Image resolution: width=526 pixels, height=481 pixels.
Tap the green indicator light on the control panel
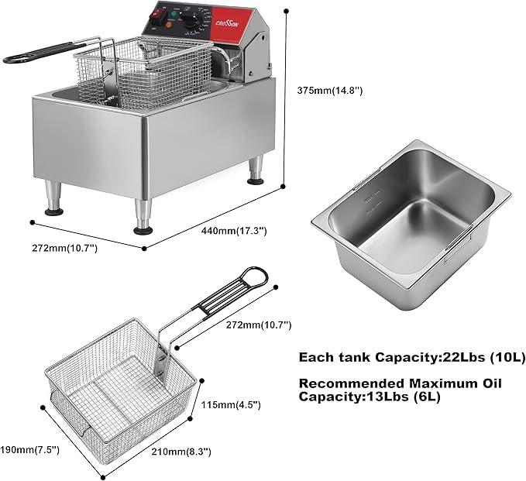pos(174,14)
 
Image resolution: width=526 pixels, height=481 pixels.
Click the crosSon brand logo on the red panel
pos(230,25)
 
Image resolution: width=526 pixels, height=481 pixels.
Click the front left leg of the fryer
pos(143,216)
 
